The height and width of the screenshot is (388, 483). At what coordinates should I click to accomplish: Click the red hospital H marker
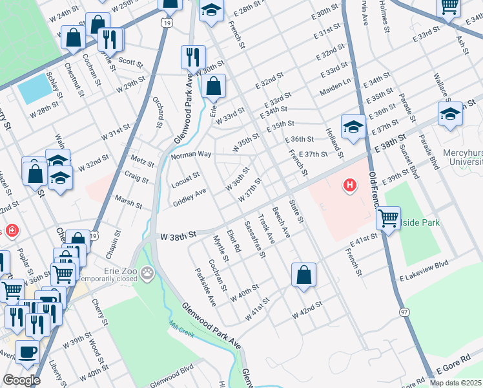click(x=350, y=186)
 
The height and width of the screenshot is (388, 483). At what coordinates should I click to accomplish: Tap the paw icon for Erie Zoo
click(x=149, y=272)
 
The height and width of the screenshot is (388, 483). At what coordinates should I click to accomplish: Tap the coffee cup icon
click(x=27, y=352)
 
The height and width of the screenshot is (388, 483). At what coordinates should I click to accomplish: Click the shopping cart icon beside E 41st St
click(x=388, y=219)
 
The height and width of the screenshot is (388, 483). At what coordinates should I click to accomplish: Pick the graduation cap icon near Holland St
click(x=353, y=128)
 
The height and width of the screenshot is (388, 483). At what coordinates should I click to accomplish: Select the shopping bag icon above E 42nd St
click(x=303, y=275)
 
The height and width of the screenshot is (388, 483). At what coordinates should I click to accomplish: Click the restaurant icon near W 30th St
click(x=192, y=58)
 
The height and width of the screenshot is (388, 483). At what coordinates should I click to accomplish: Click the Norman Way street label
click(x=191, y=155)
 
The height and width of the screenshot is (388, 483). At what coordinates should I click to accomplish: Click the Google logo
click(x=21, y=380)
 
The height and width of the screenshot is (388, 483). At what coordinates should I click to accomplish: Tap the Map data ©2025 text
click(x=455, y=383)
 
